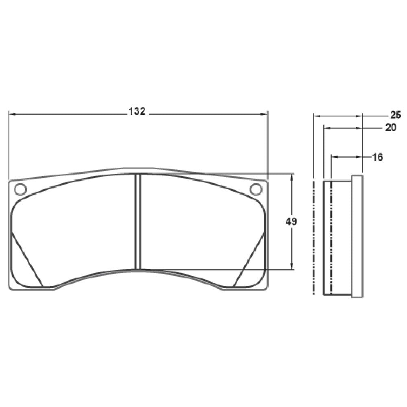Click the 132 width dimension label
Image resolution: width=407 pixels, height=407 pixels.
coord(137,111)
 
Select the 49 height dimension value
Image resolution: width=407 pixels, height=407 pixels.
coord(291,222)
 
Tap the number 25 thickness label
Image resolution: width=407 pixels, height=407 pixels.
coord(396,114)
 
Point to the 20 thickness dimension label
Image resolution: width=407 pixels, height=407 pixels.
coord(390,127)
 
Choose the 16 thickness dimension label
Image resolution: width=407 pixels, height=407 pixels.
coord(377,157)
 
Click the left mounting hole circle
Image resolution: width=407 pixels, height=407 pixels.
coord(20,189)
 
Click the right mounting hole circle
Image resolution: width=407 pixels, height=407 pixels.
coord(256,189)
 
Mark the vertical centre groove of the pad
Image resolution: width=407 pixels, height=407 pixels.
coord(138,222)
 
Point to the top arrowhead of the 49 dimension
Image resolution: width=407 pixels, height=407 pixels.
coord(292,176)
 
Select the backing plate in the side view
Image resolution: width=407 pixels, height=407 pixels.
coord(357,236)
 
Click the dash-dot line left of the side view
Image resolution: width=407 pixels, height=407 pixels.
coord(314,236)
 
